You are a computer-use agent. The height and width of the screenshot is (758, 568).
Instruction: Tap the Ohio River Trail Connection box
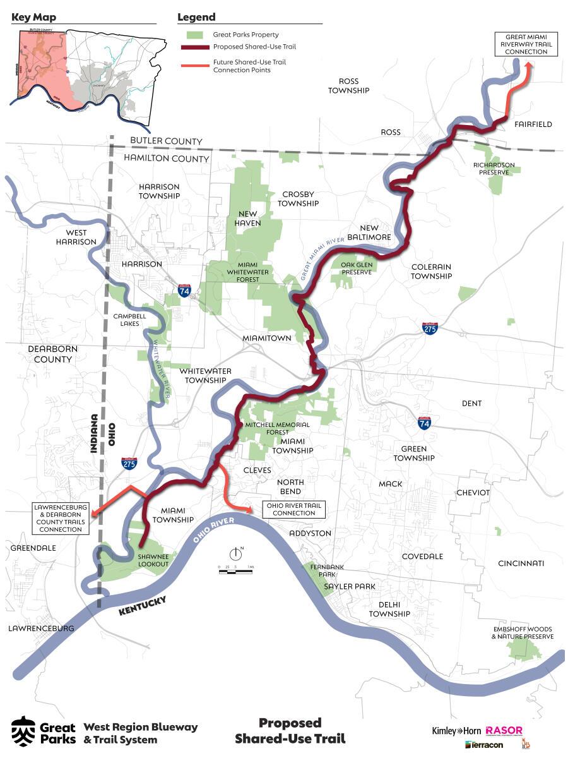pos(293,509)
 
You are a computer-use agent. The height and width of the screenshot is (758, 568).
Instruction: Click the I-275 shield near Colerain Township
pos(429,328)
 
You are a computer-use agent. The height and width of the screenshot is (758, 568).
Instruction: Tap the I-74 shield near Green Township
pos(424,423)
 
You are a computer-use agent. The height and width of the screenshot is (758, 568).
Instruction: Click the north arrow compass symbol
pos(236,554)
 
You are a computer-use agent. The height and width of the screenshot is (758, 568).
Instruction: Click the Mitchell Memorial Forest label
pos(278,429)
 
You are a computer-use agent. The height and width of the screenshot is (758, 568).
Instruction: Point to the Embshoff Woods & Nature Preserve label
pos(522,633)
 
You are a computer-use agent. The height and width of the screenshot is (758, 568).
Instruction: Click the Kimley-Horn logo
pos(456,731)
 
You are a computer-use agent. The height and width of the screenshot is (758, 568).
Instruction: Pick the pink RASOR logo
pos(504,731)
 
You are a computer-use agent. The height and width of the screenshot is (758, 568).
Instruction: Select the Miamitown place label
pos(267,339)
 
